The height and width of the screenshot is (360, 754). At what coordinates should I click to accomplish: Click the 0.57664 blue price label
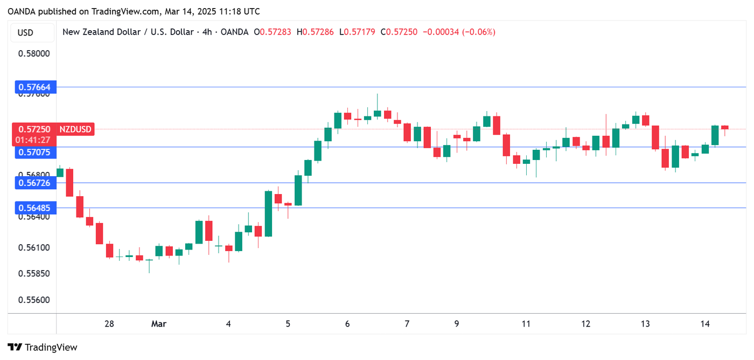pyautogui.click(x=34, y=87)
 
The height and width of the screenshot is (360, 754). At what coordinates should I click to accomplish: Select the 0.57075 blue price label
pyautogui.click(x=34, y=153)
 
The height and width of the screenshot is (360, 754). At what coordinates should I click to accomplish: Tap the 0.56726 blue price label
pyautogui.click(x=34, y=183)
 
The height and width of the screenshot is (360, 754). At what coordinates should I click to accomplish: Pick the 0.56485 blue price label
pyautogui.click(x=34, y=208)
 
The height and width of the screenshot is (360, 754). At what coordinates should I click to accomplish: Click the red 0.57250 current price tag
pyautogui.click(x=34, y=129)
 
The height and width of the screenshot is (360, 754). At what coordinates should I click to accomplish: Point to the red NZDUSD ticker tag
pyautogui.click(x=75, y=129)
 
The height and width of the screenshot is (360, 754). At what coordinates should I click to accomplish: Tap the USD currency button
pyautogui.click(x=25, y=32)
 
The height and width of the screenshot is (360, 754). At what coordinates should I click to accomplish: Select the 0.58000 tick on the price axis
pyautogui.click(x=34, y=53)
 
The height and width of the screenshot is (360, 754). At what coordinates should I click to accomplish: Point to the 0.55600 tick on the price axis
pyautogui.click(x=34, y=300)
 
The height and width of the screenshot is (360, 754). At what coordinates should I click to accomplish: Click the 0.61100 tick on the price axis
pyautogui.click(x=34, y=248)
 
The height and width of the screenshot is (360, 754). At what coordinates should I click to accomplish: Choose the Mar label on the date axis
pyautogui.click(x=159, y=324)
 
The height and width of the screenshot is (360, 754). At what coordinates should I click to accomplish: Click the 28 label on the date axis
pyautogui.click(x=109, y=324)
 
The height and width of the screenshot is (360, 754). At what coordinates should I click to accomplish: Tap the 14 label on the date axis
pyautogui.click(x=706, y=324)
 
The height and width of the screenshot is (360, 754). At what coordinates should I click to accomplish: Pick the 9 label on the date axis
pyautogui.click(x=457, y=324)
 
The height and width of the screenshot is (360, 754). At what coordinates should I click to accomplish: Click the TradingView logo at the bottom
pyautogui.click(x=43, y=348)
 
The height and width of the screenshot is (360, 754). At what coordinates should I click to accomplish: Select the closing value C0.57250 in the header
pyautogui.click(x=399, y=32)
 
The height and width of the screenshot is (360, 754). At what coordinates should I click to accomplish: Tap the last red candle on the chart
pyautogui.click(x=725, y=128)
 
